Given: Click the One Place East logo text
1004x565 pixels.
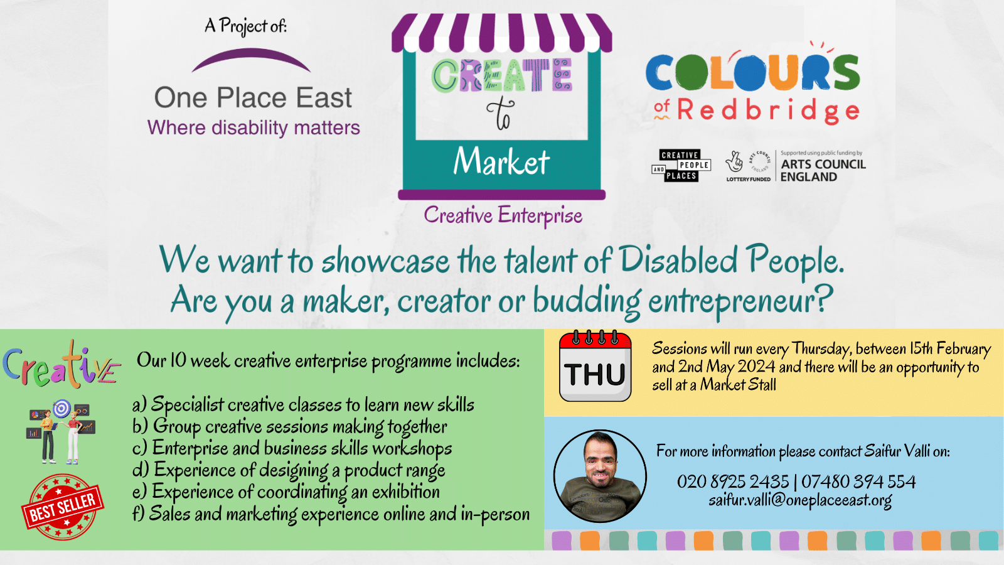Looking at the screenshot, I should click(x=253, y=99).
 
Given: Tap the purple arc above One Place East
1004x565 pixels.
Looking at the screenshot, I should click(x=251, y=58).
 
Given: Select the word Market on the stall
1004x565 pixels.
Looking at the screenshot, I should click(x=501, y=161).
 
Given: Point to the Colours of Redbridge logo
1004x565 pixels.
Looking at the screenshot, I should click(x=753, y=85).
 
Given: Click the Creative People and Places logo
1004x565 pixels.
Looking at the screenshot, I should click(x=681, y=166).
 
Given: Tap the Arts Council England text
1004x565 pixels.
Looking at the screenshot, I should click(x=823, y=170).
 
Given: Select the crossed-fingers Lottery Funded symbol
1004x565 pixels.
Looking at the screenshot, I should click(x=734, y=162).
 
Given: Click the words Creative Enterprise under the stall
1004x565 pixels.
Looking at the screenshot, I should click(x=503, y=215).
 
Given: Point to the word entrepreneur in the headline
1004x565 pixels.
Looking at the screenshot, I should click(x=740, y=301).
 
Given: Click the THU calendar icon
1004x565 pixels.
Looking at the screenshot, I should click(x=595, y=367).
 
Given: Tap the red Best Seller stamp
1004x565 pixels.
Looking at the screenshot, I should click(x=62, y=507).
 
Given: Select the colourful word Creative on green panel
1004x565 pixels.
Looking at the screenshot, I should click(x=61, y=366).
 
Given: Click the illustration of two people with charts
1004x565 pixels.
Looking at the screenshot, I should click(x=60, y=433).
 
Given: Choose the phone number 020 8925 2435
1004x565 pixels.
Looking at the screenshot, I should click(x=732, y=482).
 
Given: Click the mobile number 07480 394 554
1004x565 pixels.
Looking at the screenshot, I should click(x=858, y=482).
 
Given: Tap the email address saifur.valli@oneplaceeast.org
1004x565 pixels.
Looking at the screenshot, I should click(x=800, y=500).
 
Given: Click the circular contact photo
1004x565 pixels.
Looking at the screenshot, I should click(x=600, y=476).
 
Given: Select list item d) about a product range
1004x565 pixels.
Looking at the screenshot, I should click(x=289, y=470).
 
